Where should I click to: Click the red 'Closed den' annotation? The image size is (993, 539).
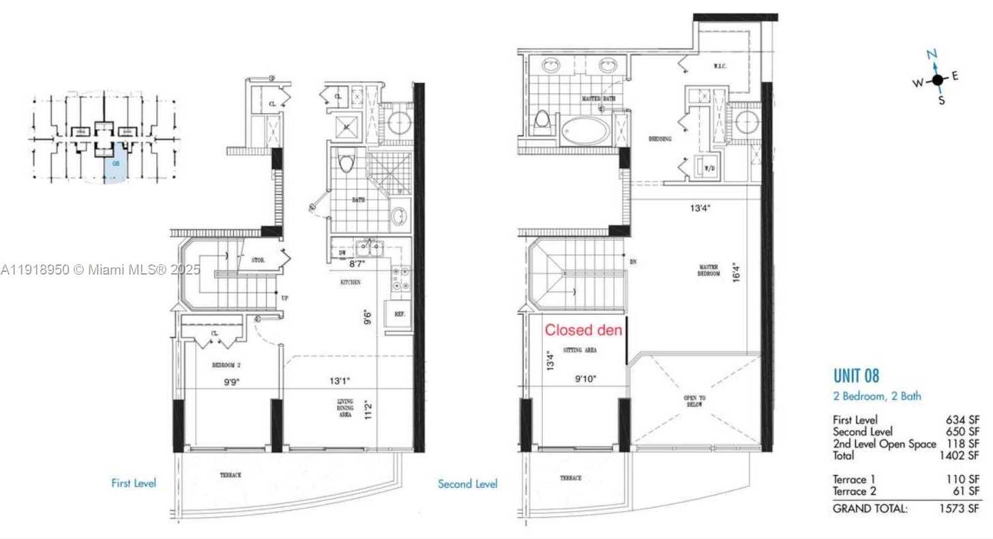pyautogui.click(x=583, y=330)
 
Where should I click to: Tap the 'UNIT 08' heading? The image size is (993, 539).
pyautogui.click(x=856, y=375)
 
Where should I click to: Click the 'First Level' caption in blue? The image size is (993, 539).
pyautogui.click(x=134, y=483)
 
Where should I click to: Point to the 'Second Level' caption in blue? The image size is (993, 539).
pyautogui.click(x=467, y=484)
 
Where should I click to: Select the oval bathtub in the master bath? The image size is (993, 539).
pyautogui.click(x=586, y=131)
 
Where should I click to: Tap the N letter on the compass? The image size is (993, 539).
pyautogui.click(x=932, y=55)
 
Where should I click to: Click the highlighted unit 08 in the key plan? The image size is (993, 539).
pyautogui.click(x=115, y=167)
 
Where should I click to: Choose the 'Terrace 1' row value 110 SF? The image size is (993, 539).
pyautogui.click(x=962, y=480)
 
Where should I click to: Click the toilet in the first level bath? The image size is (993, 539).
pyautogui.click(x=346, y=164)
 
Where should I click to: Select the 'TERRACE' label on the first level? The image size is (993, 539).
pyautogui.click(x=230, y=475)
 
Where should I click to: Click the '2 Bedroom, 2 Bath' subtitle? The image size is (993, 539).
pyautogui.click(x=877, y=396)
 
